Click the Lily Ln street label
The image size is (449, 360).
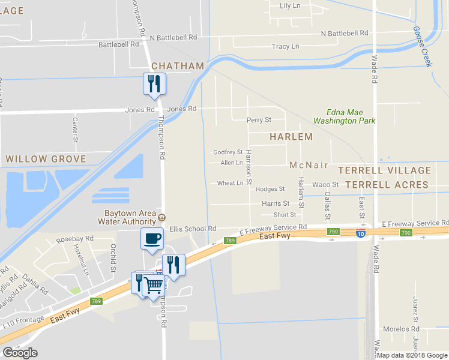[x=290, y=6]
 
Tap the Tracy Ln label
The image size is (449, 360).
[x=285, y=47]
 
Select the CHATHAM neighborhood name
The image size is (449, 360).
[x=178, y=65]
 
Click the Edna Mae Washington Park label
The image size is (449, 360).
[x=351, y=116]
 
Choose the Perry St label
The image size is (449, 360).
[x=259, y=120]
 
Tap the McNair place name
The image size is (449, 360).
[x=309, y=165]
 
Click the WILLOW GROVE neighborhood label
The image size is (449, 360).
[x=46, y=160]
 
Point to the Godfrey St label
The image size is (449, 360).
[x=228, y=152]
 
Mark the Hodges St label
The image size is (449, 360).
[x=270, y=189]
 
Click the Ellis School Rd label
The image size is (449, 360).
[x=192, y=229]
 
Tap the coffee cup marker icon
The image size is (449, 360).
[x=151, y=238]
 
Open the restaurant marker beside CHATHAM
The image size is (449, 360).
[x=154, y=83]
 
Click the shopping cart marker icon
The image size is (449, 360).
[x=154, y=286]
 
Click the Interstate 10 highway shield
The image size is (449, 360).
[x=360, y=232]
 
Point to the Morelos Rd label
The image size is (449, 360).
[x=402, y=329]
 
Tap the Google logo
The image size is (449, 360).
[x=20, y=353]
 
